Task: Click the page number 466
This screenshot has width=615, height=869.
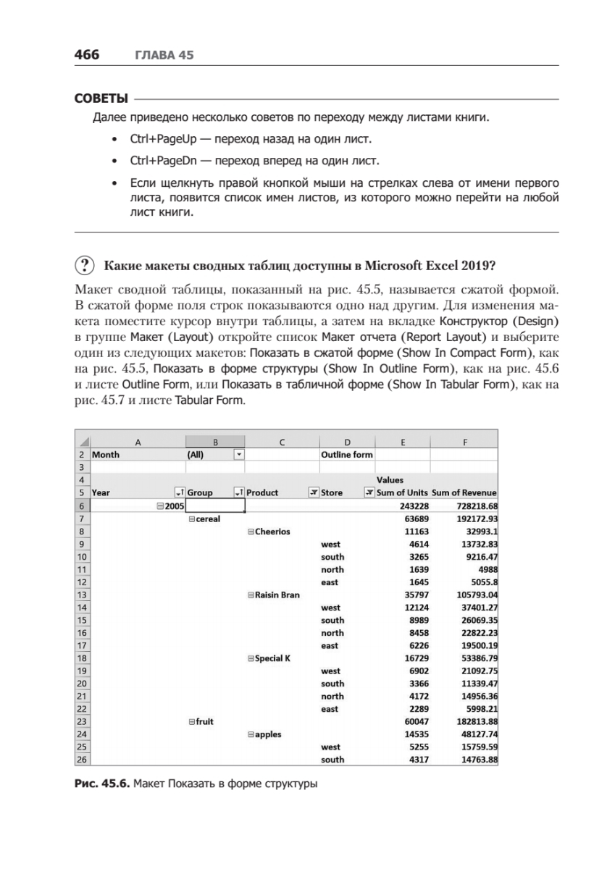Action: [86, 56]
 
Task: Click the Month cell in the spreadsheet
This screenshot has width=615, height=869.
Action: [106, 455]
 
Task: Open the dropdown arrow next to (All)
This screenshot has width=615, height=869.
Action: [239, 455]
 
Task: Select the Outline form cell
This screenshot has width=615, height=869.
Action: [346, 455]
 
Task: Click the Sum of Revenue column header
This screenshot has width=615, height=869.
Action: [464, 492]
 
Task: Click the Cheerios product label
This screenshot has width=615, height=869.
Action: [272, 531]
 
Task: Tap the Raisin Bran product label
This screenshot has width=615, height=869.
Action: [277, 595]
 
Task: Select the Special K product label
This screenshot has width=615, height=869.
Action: [272, 658]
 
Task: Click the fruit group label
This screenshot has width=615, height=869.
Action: [204, 721]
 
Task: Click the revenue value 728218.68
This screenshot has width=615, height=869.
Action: [473, 505]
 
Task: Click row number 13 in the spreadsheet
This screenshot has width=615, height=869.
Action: [82, 595]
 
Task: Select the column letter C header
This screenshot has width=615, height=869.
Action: [282, 441]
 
